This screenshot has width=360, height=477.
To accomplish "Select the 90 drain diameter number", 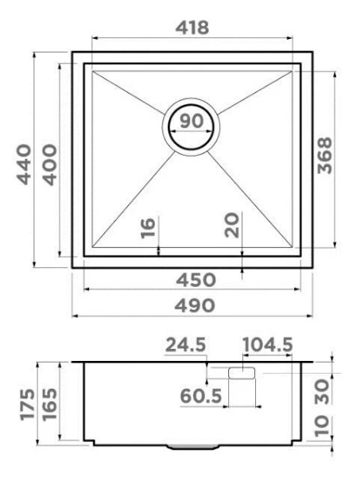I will [189, 123].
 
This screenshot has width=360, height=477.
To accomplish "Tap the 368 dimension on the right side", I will [323, 157].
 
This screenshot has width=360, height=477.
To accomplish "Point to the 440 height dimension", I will [25, 163].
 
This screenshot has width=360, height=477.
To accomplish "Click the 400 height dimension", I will [48, 163].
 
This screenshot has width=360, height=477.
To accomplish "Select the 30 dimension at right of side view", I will [325, 390].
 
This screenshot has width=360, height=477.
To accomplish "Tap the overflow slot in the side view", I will [241, 373].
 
